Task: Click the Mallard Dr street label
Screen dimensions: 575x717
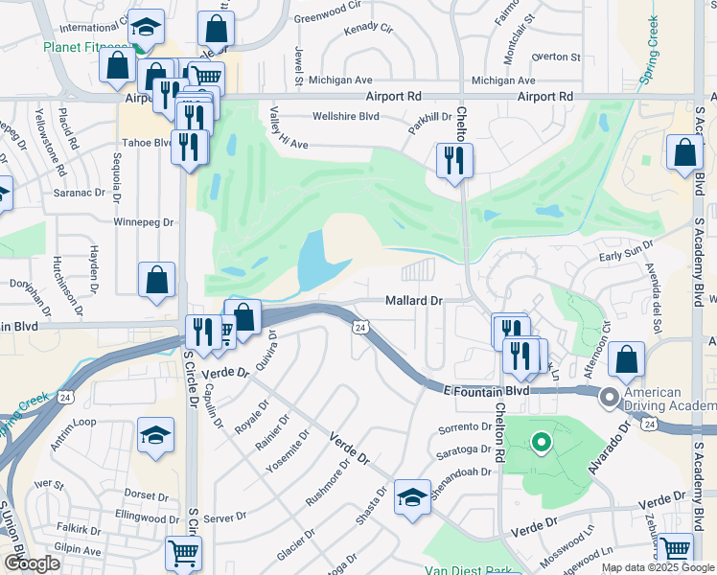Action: click(x=413, y=301)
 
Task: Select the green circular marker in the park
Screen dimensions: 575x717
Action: click(x=541, y=443)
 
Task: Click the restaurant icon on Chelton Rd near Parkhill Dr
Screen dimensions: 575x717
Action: click(x=453, y=159)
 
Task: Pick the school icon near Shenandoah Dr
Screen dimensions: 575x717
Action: click(x=412, y=496)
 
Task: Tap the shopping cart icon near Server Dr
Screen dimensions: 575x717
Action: click(x=183, y=552)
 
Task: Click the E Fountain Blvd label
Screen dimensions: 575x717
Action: click(x=487, y=391)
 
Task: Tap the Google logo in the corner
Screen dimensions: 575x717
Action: click(x=32, y=563)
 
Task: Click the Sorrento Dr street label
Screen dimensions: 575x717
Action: click(x=464, y=427)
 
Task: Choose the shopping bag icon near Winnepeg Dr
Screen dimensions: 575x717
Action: click(x=156, y=281)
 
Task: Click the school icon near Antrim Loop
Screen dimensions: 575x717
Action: click(x=155, y=436)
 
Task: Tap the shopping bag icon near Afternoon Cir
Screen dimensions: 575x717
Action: click(x=626, y=359)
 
